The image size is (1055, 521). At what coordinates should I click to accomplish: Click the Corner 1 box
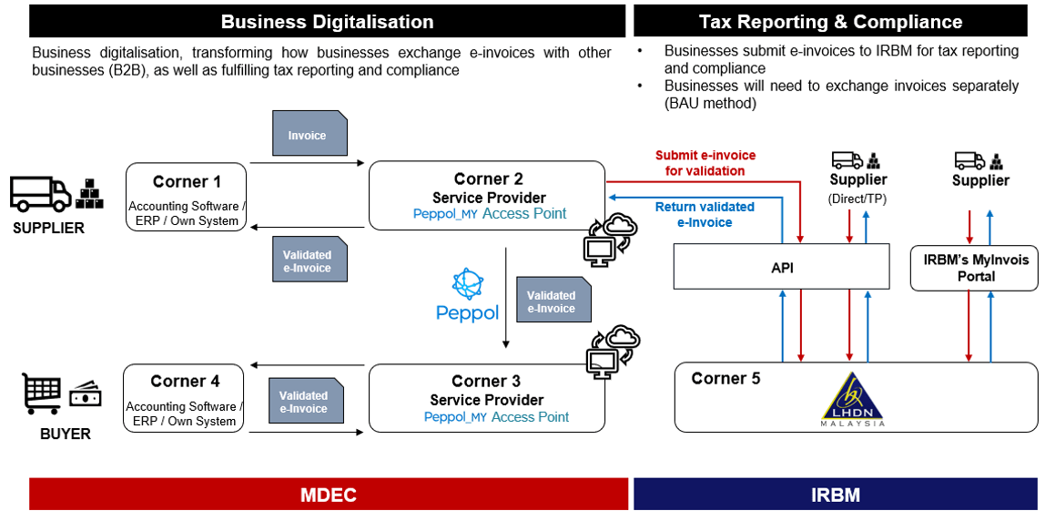[x=186, y=197]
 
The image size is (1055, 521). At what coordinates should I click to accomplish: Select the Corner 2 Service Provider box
[x=486, y=195]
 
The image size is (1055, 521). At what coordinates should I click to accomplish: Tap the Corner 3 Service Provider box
[x=486, y=398]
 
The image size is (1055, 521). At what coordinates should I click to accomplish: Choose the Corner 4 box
[x=184, y=397]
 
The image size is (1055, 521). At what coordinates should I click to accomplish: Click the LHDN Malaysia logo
[x=852, y=400]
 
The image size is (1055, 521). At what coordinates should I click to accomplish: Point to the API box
[x=780, y=268]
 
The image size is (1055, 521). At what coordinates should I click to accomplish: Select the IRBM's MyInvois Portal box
[x=974, y=268]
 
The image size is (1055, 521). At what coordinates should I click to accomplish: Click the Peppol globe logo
[x=466, y=285]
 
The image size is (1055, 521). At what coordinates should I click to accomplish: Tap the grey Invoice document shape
[x=309, y=134]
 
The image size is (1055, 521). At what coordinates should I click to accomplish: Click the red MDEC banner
[x=329, y=495]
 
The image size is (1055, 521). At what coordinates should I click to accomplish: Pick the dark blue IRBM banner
[x=835, y=495]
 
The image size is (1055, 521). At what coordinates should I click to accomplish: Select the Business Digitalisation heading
[x=327, y=21]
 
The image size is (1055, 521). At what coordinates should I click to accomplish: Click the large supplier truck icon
[x=40, y=193]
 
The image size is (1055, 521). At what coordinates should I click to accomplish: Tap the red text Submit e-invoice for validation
[x=705, y=163]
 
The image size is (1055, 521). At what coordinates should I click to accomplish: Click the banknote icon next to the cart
[x=86, y=395]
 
